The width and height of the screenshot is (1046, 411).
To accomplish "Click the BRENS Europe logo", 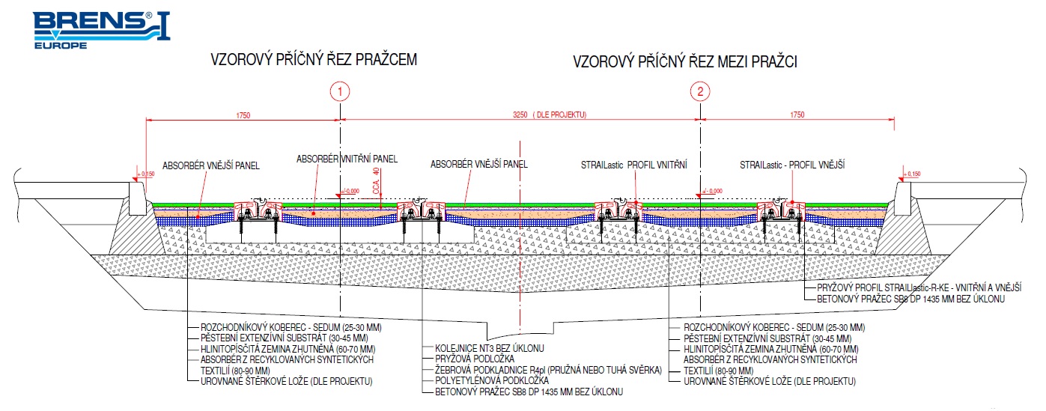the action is pos(101,30).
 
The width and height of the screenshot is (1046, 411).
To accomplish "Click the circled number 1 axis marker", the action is pos(340,91).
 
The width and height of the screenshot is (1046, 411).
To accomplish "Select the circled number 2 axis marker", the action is pos(700,91).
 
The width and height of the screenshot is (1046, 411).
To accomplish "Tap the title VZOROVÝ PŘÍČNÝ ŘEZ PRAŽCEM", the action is pos(314,60).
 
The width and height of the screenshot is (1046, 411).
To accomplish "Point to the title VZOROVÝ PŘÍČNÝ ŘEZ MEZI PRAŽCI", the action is pos(685,61).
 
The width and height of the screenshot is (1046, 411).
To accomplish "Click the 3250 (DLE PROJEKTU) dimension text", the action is pos(550,115).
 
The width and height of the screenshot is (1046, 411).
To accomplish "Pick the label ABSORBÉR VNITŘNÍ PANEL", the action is pos(347,159).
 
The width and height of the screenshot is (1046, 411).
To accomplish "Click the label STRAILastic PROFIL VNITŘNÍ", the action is pos(633,165).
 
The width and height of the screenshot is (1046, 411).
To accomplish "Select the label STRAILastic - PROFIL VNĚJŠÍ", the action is pos(792,165).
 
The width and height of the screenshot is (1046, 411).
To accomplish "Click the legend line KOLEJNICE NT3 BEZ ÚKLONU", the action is pos(490,348).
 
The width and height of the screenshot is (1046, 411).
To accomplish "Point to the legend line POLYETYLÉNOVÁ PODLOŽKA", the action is pos(492,380).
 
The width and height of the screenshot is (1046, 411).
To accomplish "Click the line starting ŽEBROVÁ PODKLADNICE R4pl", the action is pos(548,370).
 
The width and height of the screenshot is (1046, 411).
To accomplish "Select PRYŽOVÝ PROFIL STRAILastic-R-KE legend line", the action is pos(919,287).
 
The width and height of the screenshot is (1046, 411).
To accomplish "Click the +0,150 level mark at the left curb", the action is pos(146,174).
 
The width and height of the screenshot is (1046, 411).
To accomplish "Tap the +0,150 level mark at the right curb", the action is pos(911,174).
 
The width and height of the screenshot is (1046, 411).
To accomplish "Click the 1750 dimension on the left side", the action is pos(243,115).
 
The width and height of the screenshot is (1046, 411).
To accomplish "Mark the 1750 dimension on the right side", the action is pos(797,115).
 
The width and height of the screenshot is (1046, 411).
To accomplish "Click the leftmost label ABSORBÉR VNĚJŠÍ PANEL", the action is pos(211,165).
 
